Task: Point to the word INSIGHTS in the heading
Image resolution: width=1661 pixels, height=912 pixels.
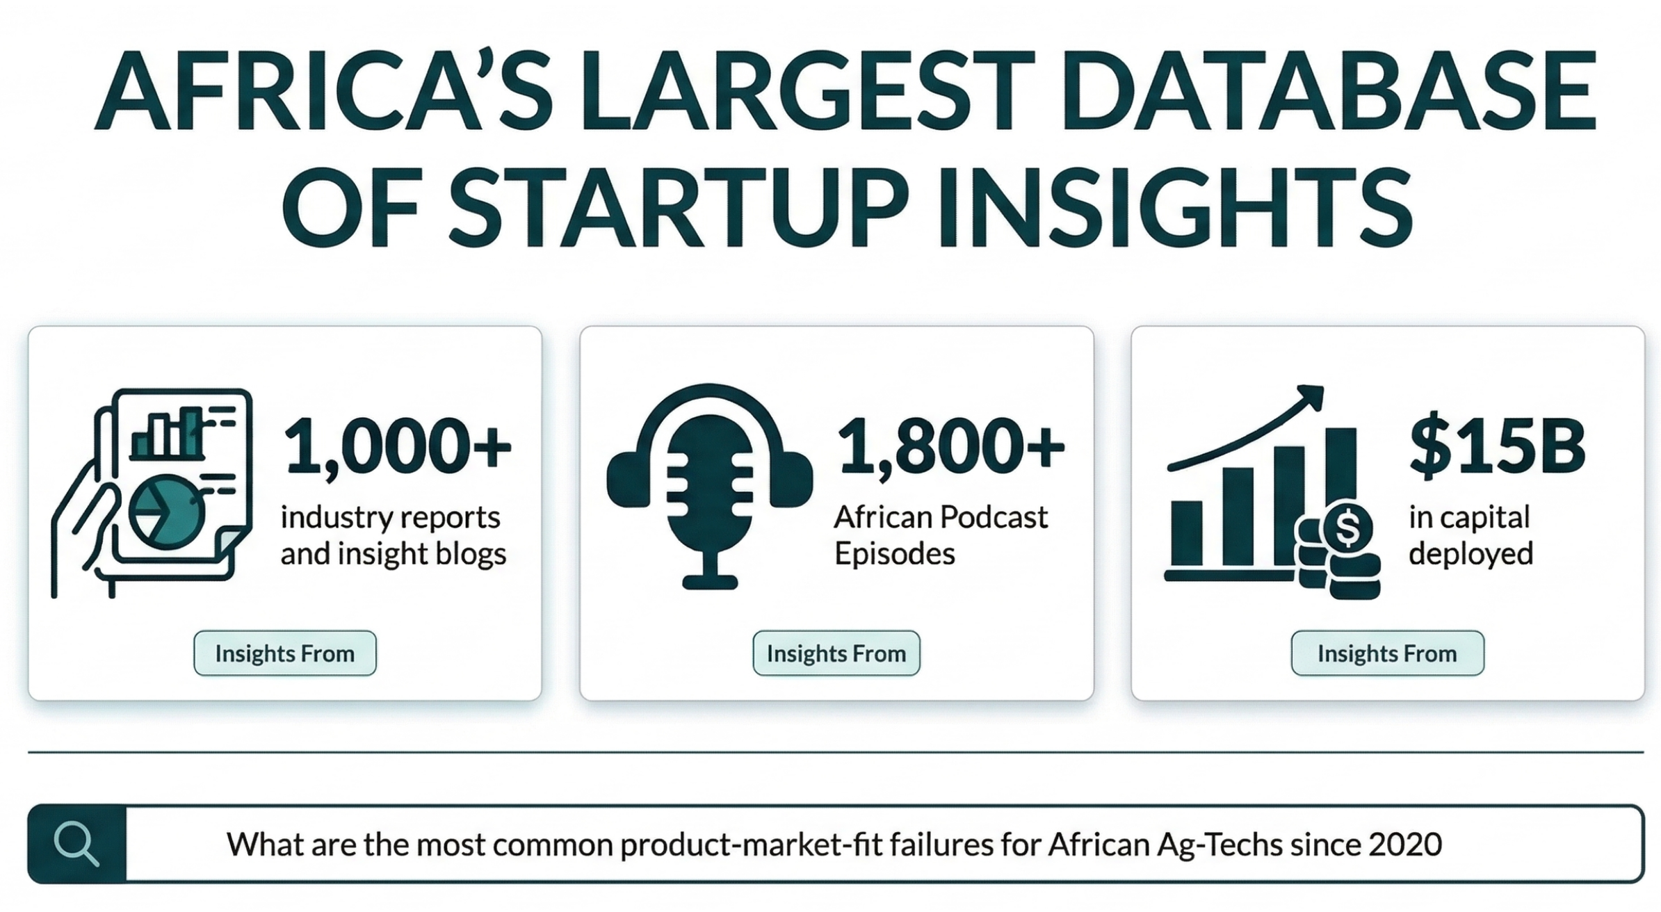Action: point(1175,206)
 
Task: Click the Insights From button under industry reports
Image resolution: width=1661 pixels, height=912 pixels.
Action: point(285,653)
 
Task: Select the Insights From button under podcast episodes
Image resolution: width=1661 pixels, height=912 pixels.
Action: point(836,653)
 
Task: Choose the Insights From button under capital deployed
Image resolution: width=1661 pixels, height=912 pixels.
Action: point(1388,653)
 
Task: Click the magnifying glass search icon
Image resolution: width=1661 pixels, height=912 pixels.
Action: point(76,843)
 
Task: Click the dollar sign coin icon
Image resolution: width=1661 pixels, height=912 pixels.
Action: point(1347,528)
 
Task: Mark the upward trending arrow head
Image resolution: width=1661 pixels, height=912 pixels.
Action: point(1308,398)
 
